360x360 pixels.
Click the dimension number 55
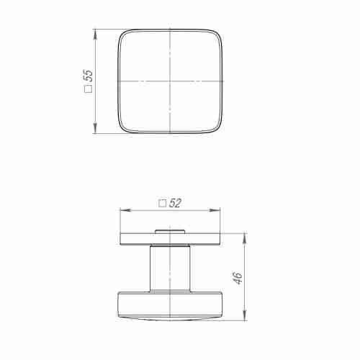point(89,76)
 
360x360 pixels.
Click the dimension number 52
point(175,203)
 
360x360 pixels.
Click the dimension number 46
point(238,278)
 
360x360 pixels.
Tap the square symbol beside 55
point(89,89)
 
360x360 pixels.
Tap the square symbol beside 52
point(163,204)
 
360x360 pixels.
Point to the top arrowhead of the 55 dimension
point(95,34)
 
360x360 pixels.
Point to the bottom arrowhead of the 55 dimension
point(95,128)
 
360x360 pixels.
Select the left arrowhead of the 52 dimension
point(125,210)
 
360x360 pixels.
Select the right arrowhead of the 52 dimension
point(215,210)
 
